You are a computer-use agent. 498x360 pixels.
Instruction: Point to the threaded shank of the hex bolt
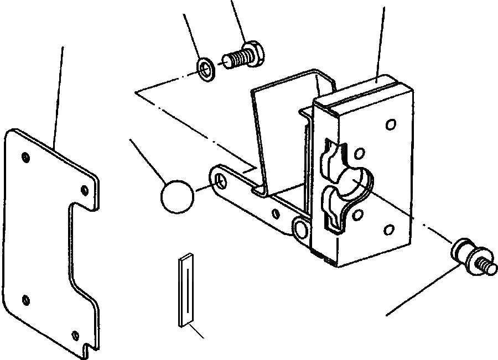click(x=235, y=58)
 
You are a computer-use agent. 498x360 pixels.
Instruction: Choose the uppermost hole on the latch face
click(x=391, y=125)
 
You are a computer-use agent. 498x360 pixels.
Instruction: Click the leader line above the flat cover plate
click(x=58, y=94)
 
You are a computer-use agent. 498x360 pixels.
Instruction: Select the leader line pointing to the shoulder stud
click(x=423, y=290)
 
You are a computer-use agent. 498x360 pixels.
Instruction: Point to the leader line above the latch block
click(x=382, y=39)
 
